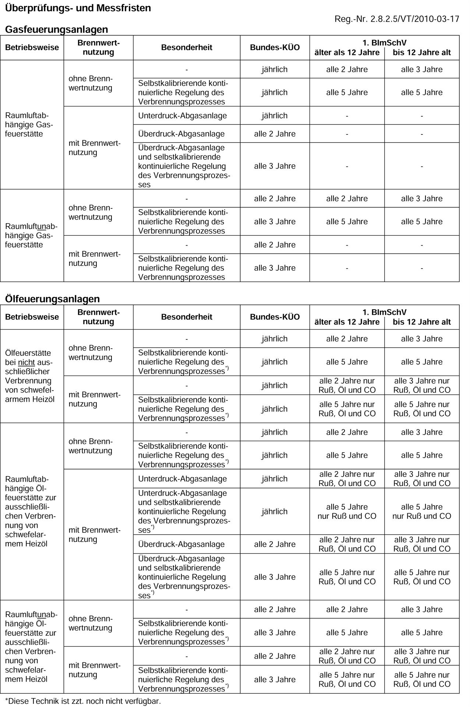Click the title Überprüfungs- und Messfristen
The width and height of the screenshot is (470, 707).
[x=78, y=8]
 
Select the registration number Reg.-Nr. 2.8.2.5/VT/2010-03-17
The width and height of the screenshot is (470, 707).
[x=397, y=19]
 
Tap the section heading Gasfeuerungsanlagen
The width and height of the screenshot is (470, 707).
[x=56, y=29]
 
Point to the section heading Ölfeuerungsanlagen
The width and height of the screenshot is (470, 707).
[x=52, y=299]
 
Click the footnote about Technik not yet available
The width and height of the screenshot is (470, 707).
[x=83, y=701]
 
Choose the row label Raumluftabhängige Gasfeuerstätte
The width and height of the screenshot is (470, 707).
[x=29, y=124]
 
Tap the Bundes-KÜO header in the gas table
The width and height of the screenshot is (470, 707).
[x=275, y=48]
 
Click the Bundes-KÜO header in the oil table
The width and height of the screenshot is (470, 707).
[x=275, y=317]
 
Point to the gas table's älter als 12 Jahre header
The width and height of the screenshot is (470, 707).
[x=347, y=53]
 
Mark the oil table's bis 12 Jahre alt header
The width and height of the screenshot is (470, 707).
[x=421, y=322]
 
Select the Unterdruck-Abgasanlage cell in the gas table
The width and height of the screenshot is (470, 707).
[x=183, y=116]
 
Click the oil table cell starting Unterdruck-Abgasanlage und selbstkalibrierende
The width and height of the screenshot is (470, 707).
[x=184, y=511]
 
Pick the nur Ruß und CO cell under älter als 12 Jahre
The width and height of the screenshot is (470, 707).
[x=347, y=511]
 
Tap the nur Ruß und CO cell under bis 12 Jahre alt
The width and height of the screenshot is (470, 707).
[x=421, y=511]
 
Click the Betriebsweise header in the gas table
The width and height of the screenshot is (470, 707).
[x=32, y=48]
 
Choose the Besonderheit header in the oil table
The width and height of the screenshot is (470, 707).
[x=187, y=317]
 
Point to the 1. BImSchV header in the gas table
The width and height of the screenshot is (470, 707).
[x=384, y=43]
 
